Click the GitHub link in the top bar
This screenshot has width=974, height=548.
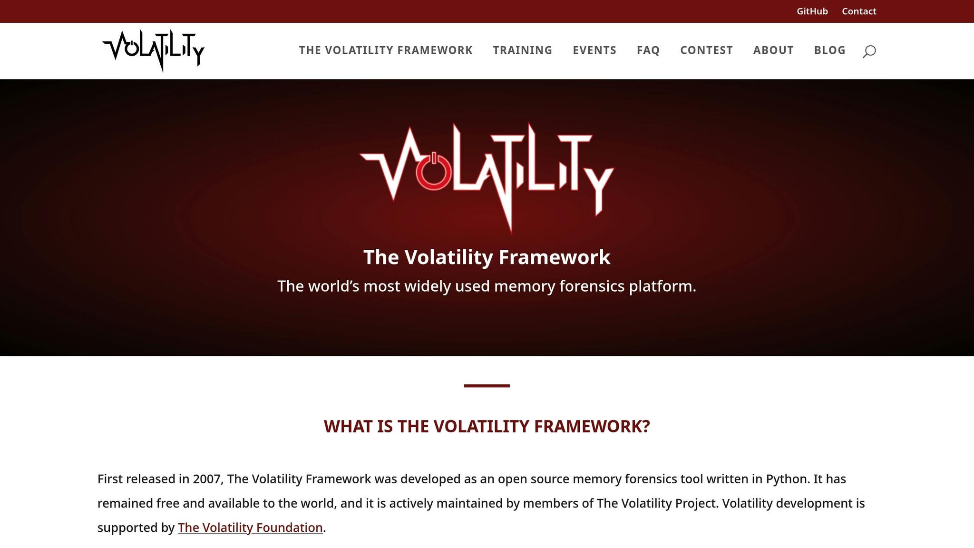[x=812, y=11]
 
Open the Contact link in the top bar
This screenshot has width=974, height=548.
[x=858, y=11]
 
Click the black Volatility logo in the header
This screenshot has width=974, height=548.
[x=153, y=50]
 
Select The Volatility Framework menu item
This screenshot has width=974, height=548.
[x=385, y=50]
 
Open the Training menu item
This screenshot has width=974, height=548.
[x=522, y=50]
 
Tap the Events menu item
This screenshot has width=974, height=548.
[x=594, y=50]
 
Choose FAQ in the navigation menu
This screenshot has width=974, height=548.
[x=648, y=50]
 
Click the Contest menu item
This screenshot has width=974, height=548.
[x=706, y=50]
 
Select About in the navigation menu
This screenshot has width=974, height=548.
[x=773, y=50]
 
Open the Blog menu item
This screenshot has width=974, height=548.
[x=829, y=50]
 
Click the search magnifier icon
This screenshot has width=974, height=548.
[x=869, y=51]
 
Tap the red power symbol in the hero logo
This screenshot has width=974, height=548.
[x=433, y=171]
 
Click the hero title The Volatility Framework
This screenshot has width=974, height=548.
[x=487, y=257]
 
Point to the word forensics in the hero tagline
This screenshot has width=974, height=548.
[x=592, y=286]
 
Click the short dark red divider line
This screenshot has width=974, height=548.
[x=487, y=386]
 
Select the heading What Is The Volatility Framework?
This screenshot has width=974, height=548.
[x=487, y=427]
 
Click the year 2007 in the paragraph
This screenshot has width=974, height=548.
[x=207, y=479]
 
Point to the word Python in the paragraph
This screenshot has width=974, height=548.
[x=787, y=479]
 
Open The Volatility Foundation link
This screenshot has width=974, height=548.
[x=250, y=528]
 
